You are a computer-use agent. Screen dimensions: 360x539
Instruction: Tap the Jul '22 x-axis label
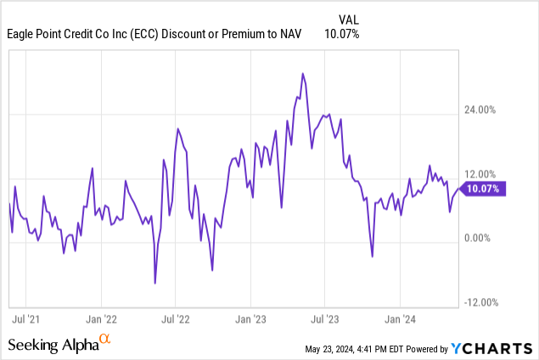click(x=175, y=320)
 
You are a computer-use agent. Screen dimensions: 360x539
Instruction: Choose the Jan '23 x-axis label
click(x=250, y=320)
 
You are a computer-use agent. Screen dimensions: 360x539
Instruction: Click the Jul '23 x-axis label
click(x=324, y=320)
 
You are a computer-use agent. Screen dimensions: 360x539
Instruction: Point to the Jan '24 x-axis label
click(x=400, y=320)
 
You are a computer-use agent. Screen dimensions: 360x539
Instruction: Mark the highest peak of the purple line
click(x=302, y=74)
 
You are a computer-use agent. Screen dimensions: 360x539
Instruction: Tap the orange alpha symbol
click(x=104, y=340)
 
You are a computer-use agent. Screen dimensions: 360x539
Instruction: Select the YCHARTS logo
click(x=493, y=347)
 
